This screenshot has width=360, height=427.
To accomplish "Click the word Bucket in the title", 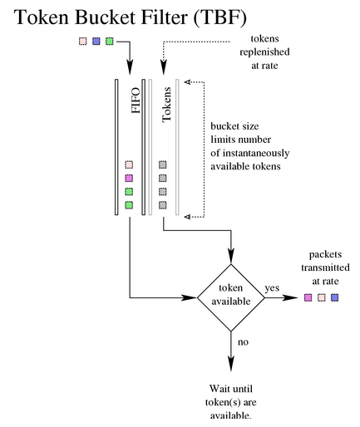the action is point(106,17).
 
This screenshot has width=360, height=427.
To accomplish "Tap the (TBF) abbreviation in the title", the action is point(219,17).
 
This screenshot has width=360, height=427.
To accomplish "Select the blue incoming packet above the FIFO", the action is point(96,42).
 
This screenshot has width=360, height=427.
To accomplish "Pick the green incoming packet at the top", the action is point(110,42).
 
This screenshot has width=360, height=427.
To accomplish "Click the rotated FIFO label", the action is point(136,101).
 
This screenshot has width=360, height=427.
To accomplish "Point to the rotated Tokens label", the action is point(167,105).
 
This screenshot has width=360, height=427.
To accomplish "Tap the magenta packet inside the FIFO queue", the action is point(129,178).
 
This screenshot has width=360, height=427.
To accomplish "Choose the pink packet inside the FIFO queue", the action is point(129,164).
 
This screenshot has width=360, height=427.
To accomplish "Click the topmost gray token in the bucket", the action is point(163,164).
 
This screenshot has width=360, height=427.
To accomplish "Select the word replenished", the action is point(264,52).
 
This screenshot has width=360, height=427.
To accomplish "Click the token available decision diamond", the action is point(231,297).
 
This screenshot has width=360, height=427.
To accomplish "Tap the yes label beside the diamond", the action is point(272,288).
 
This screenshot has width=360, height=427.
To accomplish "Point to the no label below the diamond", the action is point(243,342).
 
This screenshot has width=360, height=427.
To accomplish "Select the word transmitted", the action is point(325,267).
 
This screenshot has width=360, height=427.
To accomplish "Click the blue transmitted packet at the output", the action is point(335,297).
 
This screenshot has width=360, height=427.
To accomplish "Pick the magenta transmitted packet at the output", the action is point(308,297).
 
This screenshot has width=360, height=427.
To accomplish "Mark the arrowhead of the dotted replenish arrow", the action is point(164,67).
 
